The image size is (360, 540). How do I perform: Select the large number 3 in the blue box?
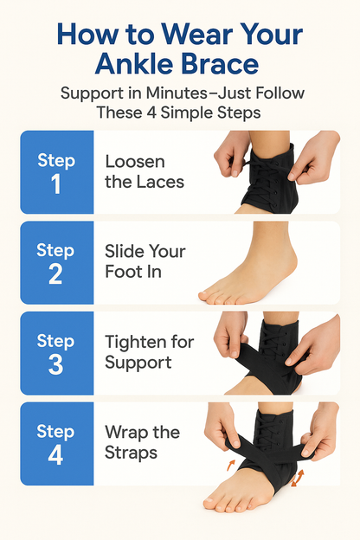point(55,363)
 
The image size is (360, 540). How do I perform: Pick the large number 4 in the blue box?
point(55,454)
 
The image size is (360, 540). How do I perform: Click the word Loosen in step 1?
point(135,162)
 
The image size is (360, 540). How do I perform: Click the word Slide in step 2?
point(125,252)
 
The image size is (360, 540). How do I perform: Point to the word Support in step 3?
point(137,363)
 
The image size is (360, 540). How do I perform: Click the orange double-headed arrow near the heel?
point(299,477)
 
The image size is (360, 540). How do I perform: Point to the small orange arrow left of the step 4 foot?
point(231,466)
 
